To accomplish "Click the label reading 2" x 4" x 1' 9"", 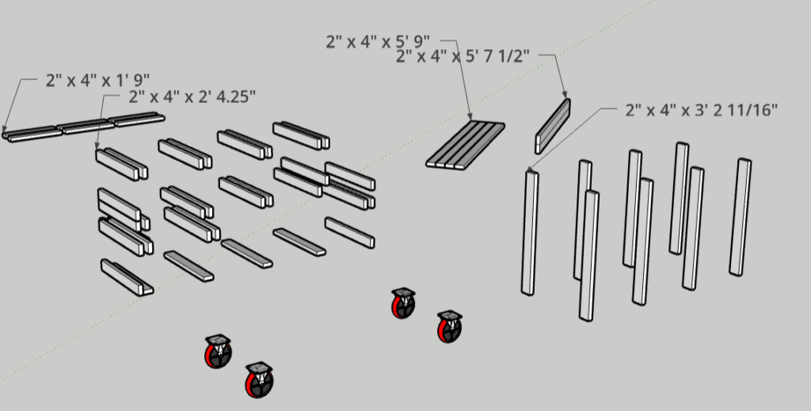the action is coord(97,80).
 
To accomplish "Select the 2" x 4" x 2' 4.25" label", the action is coord(192,97).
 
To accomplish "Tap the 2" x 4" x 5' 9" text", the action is coord(378,41).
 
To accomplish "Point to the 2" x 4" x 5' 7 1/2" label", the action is coord(463,56).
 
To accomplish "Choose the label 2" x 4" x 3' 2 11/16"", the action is coord(702,110).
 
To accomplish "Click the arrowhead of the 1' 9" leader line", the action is coord(5,129).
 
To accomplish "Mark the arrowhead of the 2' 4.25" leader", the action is coord(97,147).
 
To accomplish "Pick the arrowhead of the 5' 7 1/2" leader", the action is coord(564,93).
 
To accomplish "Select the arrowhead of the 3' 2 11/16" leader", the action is coord(528,169).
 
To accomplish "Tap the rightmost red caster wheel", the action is coord(450,327).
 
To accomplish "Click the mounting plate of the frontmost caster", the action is coord(259,367).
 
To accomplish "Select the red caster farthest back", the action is coord(403,303).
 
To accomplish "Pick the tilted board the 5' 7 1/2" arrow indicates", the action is coord(553,126).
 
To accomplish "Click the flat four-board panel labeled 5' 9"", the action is coord(466,144).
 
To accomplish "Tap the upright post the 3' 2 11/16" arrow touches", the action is coord(529,233).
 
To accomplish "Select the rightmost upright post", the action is coord(741,217).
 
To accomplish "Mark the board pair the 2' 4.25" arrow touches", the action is coord(121,164).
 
